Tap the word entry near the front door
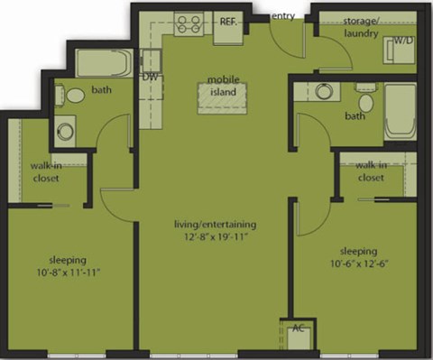click(282, 16)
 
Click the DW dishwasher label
click(150, 78)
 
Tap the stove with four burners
click(190, 24)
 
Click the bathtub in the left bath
click(104, 63)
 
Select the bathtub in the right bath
click(400, 110)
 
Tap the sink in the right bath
click(322, 91)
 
